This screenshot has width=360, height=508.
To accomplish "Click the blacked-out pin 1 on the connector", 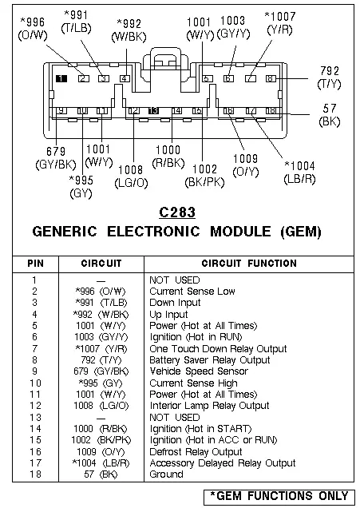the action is click(x=61, y=78).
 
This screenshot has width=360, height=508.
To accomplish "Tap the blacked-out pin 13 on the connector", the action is click(x=153, y=111).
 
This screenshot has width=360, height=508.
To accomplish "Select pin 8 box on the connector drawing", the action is click(x=271, y=78).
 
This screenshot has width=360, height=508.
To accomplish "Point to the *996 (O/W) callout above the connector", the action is click(x=33, y=29).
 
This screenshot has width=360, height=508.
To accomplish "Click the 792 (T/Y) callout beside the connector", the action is click(x=329, y=77).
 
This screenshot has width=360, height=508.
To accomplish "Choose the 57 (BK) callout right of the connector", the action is click(x=330, y=115).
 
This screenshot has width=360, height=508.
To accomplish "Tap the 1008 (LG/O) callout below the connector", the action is click(x=131, y=177).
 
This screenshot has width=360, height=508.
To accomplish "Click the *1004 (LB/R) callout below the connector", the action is click(x=299, y=173).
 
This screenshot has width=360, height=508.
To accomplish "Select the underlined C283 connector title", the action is click(x=177, y=212).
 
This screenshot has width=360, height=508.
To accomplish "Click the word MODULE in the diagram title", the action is click(x=240, y=232).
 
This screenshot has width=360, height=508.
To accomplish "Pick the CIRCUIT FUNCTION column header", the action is click(x=249, y=263).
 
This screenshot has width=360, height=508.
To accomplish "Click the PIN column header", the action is click(x=36, y=263).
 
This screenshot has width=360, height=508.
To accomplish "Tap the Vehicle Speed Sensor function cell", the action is click(x=199, y=371).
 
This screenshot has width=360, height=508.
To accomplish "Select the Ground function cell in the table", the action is click(x=166, y=474).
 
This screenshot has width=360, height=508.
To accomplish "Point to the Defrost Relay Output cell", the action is click(x=196, y=451).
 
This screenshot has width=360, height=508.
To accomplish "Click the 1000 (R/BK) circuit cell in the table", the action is click(x=101, y=429).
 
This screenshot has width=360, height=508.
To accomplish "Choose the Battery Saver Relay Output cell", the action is click(x=210, y=360).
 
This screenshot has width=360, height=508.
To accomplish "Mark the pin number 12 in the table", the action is click(x=35, y=406).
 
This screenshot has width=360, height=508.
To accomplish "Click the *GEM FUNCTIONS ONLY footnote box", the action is click(x=279, y=497).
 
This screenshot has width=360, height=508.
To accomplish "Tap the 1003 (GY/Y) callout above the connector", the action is click(x=233, y=27).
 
